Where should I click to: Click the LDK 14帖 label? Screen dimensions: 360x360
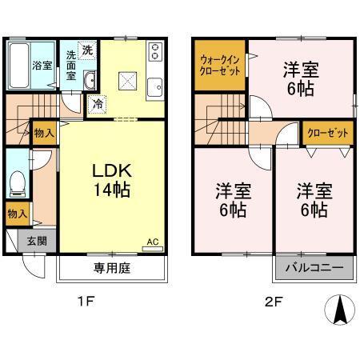(110, 182)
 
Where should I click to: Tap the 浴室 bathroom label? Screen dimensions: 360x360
(42, 65)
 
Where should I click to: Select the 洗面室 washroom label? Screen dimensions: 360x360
(71, 65)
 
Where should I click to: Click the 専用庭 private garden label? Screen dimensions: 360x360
(111, 269)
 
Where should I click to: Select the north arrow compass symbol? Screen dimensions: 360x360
(340, 310)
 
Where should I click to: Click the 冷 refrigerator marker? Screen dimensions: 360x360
(97, 102)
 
